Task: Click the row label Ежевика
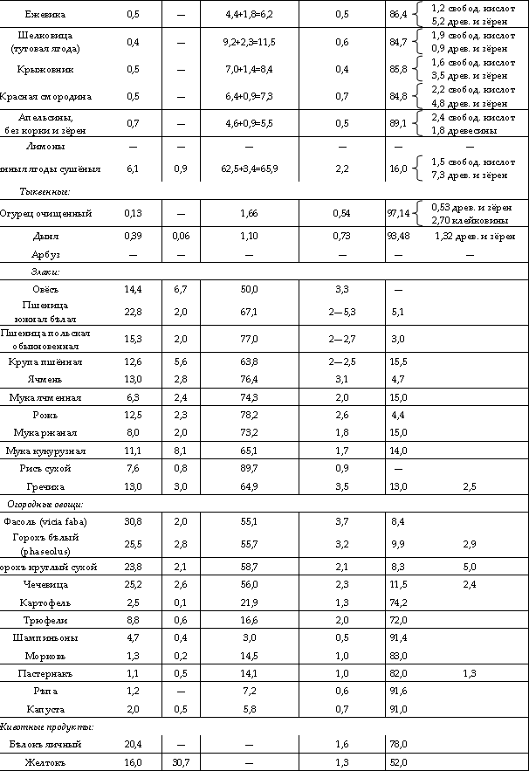[57, 15]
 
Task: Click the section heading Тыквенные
[45, 190]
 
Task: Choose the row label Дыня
[58, 237]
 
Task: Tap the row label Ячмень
[58, 378]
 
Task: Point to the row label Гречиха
[58, 485]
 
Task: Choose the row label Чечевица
[58, 583]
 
